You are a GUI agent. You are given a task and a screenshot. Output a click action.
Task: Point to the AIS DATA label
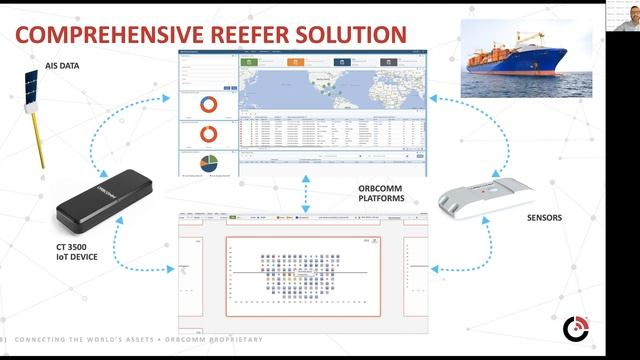pyautogui.click(x=61, y=65)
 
